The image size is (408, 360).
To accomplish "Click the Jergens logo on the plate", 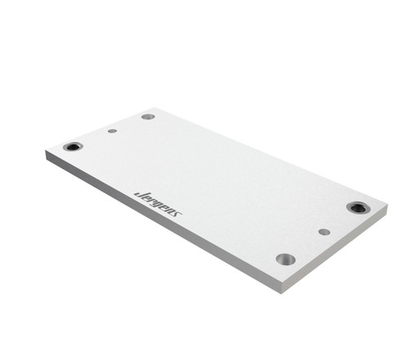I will pos(157,202).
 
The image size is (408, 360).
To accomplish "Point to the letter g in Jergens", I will pos(155,203).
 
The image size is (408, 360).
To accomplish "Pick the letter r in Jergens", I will pos(149,199).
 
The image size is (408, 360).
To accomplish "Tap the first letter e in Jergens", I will pos(144,197).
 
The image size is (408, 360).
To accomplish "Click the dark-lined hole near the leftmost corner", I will pos(73,147).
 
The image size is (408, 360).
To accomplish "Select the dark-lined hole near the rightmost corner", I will pos(357,207).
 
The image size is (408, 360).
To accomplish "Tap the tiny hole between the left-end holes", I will pos(112,131).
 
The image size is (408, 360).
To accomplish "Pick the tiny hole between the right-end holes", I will pos(324,232).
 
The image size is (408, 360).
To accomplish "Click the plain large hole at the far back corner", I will pos(148,117).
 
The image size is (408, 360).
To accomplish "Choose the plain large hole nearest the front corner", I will pos(286,259).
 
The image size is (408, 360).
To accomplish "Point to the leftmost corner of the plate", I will pos(46,153).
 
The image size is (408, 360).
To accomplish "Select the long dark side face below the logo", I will pos(163,224).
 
